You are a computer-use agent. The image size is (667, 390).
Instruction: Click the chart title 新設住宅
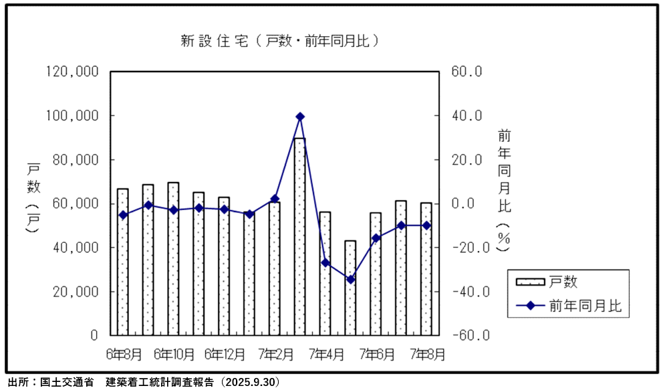pos(281,41)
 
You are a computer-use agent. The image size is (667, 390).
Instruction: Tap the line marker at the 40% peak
pos(300,116)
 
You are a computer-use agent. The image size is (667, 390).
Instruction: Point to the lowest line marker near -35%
pos(350,280)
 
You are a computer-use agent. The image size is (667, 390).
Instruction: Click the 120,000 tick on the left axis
pos(72,72)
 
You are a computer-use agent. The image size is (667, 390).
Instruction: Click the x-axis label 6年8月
pos(124,353)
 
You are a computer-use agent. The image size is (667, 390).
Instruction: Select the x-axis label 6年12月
pos(225,353)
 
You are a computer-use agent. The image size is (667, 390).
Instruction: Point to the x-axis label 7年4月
pos(325,353)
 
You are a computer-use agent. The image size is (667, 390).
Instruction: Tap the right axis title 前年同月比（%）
pos(504,191)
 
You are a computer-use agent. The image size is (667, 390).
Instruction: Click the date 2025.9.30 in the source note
pos(250,383)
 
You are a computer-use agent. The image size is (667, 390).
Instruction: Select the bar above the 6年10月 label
pos(174,258)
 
